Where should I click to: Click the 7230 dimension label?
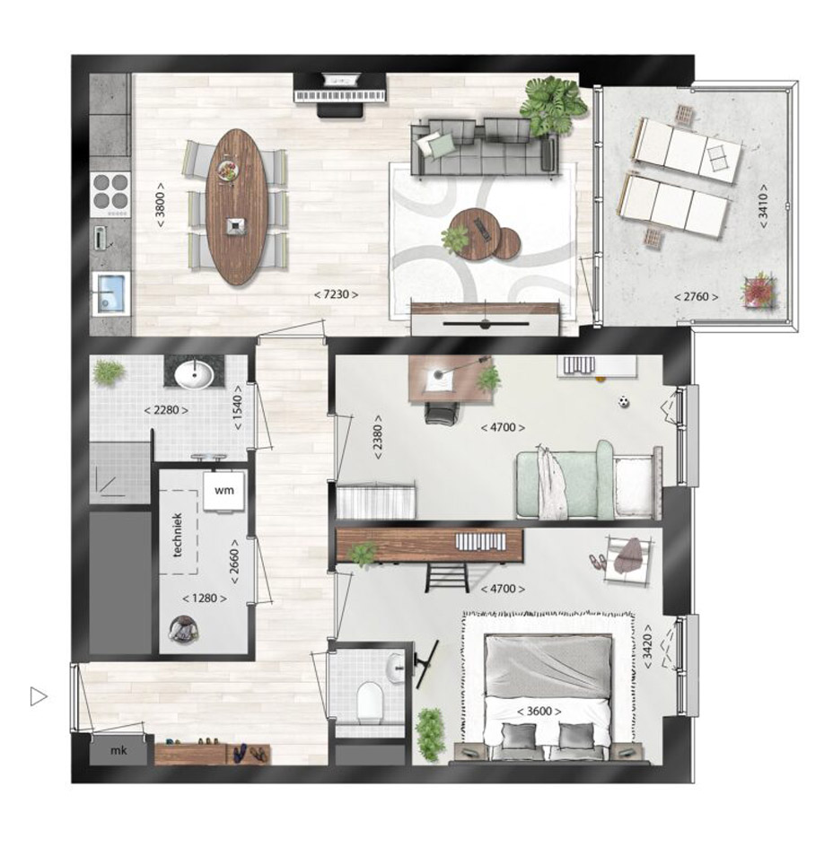336,294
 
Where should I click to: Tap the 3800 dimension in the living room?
160,205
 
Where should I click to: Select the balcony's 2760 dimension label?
697,296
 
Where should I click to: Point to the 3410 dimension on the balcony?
763,206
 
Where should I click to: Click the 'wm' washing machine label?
224,491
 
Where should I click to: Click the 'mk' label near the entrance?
118,750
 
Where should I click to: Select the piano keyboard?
339,96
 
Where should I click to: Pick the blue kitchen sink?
111,293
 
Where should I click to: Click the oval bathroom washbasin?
194,374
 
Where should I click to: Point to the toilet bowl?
371,702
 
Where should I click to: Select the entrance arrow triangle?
38,696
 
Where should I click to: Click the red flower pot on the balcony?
759,291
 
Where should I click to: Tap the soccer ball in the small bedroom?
624,402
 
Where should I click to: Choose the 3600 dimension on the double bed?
539,711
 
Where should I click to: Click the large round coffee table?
475,235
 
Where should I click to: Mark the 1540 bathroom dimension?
238,407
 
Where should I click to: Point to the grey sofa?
485,148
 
